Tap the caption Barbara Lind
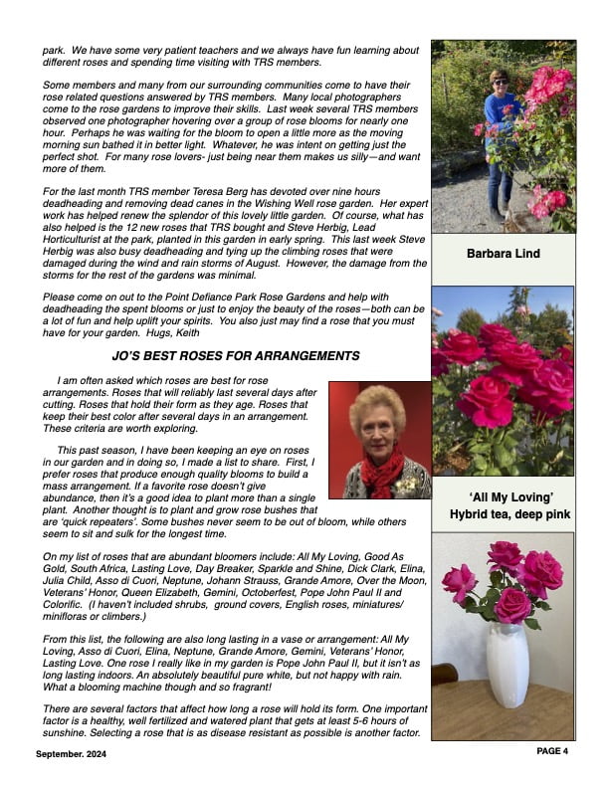[x=503, y=254]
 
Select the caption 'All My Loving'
[x=503, y=496]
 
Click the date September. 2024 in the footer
[x=76, y=754]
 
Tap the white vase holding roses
[x=507, y=662]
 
